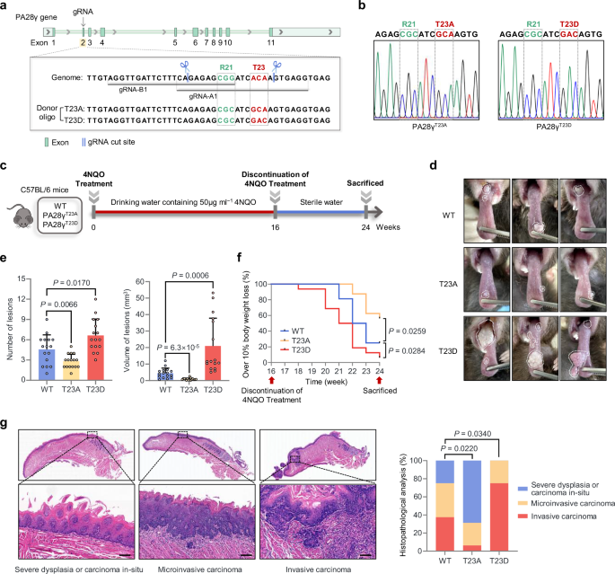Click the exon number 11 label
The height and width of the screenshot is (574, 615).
click(x=271, y=42)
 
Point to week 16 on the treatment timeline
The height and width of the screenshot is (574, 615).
click(x=275, y=229)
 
